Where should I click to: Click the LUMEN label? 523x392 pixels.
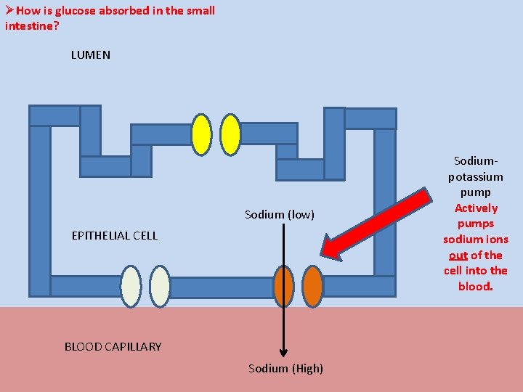coord(91,55)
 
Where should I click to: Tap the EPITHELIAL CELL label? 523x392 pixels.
coord(115,235)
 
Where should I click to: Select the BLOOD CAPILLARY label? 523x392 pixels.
coord(113,346)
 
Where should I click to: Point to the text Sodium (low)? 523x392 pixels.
coord(280,214)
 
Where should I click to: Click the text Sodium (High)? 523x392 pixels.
coord(285,368)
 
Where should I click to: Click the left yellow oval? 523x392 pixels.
coord(201,135)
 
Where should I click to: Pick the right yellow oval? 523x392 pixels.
coord(230,135)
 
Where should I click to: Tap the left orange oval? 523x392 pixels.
coord(284,286)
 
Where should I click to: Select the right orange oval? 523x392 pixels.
coord(312,286)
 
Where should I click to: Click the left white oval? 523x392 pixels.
coord(131,286)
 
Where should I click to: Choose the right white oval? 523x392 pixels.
coord(160,286)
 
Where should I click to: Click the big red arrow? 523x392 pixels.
coord(374,225)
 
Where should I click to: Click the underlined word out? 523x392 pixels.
coord(458,255)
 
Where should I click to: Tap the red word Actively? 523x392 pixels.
coord(476,208)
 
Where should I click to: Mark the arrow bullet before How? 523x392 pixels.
coord(9,11)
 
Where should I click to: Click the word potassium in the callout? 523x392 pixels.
coord(476,176)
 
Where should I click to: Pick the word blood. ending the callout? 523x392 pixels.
coord(476,286)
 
